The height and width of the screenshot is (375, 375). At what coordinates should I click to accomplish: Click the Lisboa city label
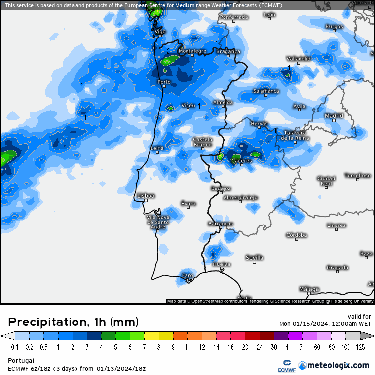(146, 196)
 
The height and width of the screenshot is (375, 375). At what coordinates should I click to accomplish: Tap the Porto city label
(164, 82)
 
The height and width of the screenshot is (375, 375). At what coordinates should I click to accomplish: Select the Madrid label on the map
(334, 116)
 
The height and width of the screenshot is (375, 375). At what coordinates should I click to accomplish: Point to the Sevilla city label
(255, 258)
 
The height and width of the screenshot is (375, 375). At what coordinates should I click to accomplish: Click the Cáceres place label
(242, 161)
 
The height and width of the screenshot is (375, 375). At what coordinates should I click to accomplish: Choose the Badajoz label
(221, 188)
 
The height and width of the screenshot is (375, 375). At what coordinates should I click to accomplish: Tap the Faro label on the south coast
(187, 275)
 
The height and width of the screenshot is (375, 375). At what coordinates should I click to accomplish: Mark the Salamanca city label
(266, 91)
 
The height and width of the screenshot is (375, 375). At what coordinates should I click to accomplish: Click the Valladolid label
(299, 58)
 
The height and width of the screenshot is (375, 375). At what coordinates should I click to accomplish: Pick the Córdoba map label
(297, 235)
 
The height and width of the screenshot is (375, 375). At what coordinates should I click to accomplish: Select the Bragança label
(228, 51)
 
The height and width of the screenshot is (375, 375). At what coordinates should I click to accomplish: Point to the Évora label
(188, 203)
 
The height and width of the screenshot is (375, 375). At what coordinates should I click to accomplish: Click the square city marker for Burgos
(334, 31)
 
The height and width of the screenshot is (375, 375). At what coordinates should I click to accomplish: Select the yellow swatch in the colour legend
(151, 336)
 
